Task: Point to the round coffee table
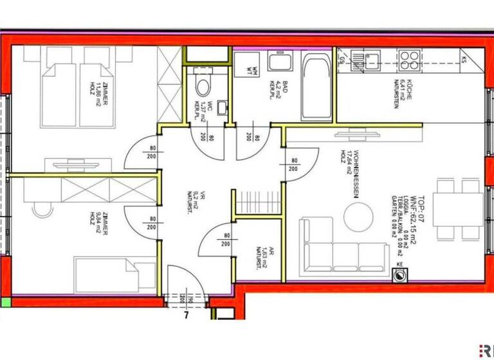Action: [359, 217]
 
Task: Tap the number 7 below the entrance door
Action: [185, 314]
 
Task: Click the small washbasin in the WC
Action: [221, 107]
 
